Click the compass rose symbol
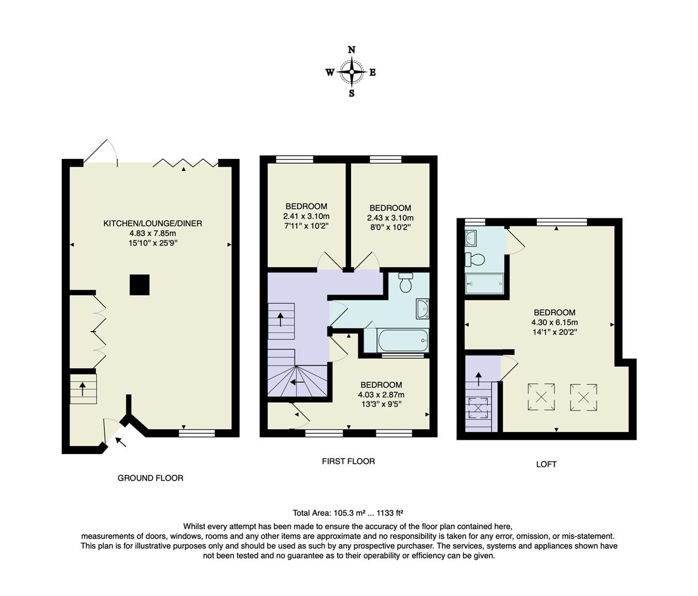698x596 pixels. tap(351, 72)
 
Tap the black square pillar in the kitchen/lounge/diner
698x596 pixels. tap(139, 285)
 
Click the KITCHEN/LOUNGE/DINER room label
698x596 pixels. tap(153, 223)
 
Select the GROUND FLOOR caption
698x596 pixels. tap(150, 478)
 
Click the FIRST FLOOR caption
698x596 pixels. tap(348, 461)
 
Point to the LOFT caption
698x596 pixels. tap(546, 464)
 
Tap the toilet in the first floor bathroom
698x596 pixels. tap(406, 283)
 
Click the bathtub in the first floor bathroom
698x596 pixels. tap(403, 340)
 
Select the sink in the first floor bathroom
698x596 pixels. tap(423, 309)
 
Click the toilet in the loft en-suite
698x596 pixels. tap(475, 259)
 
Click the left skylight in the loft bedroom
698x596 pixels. tap(541, 396)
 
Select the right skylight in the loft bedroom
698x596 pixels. tap(583, 396)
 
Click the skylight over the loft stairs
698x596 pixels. tap(478, 408)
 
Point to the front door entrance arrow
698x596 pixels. tap(120, 441)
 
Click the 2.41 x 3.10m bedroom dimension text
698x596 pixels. tap(306, 216)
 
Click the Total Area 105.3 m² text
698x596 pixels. tap(351, 512)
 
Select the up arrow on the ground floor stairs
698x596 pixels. tap(83, 389)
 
